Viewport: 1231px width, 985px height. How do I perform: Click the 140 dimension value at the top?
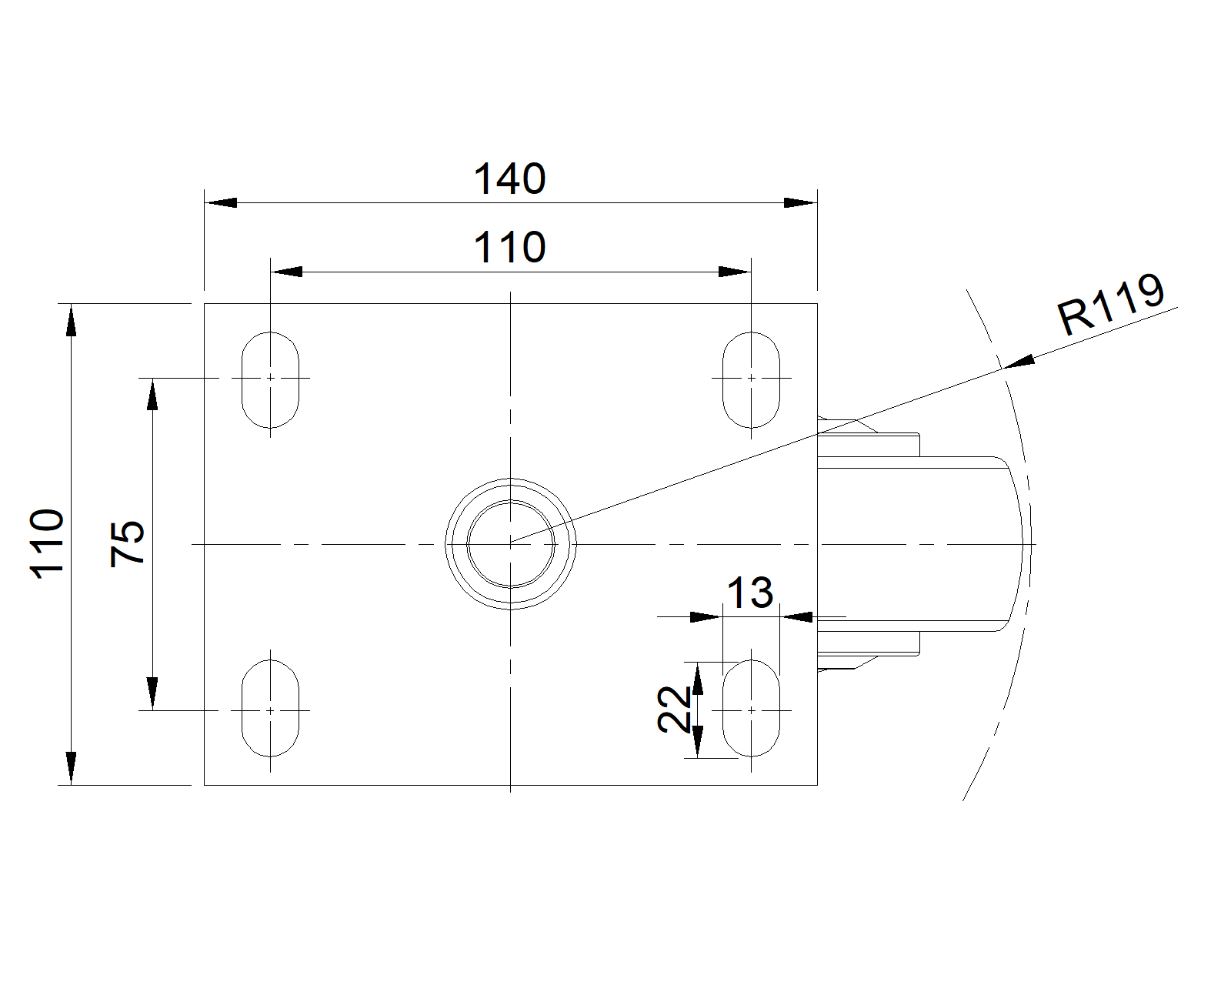tap(509, 179)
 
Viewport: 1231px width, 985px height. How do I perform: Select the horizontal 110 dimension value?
tap(509, 247)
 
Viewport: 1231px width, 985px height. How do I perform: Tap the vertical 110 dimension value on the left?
tap(47, 544)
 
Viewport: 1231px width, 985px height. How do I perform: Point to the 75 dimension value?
tap(127, 544)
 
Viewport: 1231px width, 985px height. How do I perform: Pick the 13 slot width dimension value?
tap(750, 593)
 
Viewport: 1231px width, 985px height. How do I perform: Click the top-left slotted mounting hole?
tap(270, 379)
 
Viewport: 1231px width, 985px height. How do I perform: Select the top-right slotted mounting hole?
tap(751, 379)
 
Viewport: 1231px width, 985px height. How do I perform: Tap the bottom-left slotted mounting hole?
tap(270, 708)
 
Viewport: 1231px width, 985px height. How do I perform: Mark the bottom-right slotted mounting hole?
tap(751, 708)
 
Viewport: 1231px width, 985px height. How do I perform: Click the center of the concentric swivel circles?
tap(510, 544)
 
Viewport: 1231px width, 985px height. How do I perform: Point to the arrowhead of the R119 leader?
tap(1019, 362)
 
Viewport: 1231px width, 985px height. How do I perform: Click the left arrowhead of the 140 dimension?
tap(221, 202)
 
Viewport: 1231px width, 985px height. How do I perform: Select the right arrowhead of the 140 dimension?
tap(800, 202)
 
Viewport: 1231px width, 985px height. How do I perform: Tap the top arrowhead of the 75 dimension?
tap(152, 394)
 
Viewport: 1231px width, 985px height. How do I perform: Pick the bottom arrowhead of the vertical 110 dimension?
tap(71, 768)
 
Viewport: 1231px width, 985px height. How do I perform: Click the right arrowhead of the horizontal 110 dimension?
tap(735, 272)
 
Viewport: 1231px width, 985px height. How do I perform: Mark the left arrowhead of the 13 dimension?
tap(706, 617)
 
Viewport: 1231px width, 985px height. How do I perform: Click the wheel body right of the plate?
tap(916, 544)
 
